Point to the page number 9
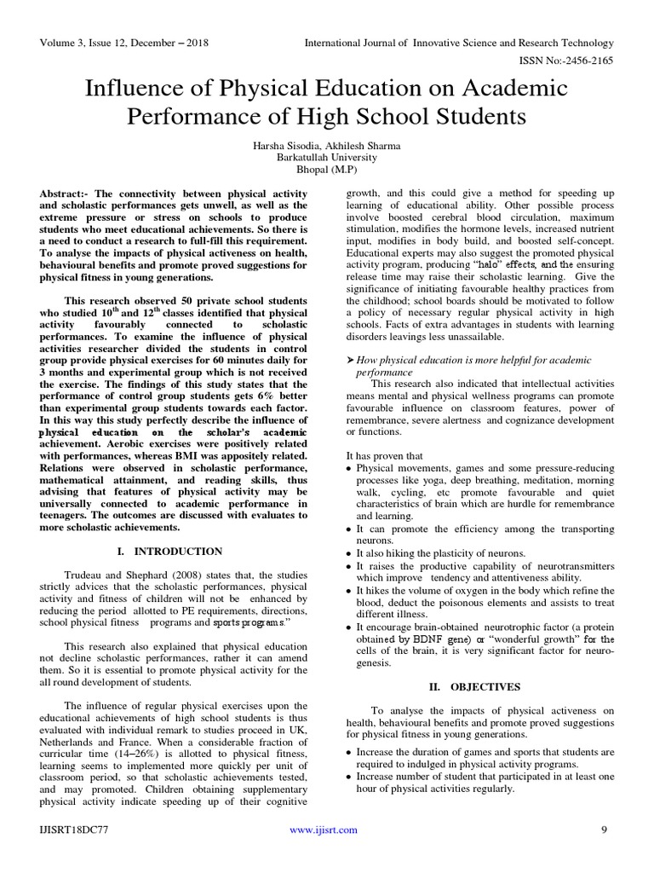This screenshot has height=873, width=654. tap(604, 829)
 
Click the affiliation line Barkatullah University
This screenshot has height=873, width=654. tap(326, 158)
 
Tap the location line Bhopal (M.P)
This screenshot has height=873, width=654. tap(326, 171)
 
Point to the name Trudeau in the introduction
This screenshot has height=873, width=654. tap(85, 575)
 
